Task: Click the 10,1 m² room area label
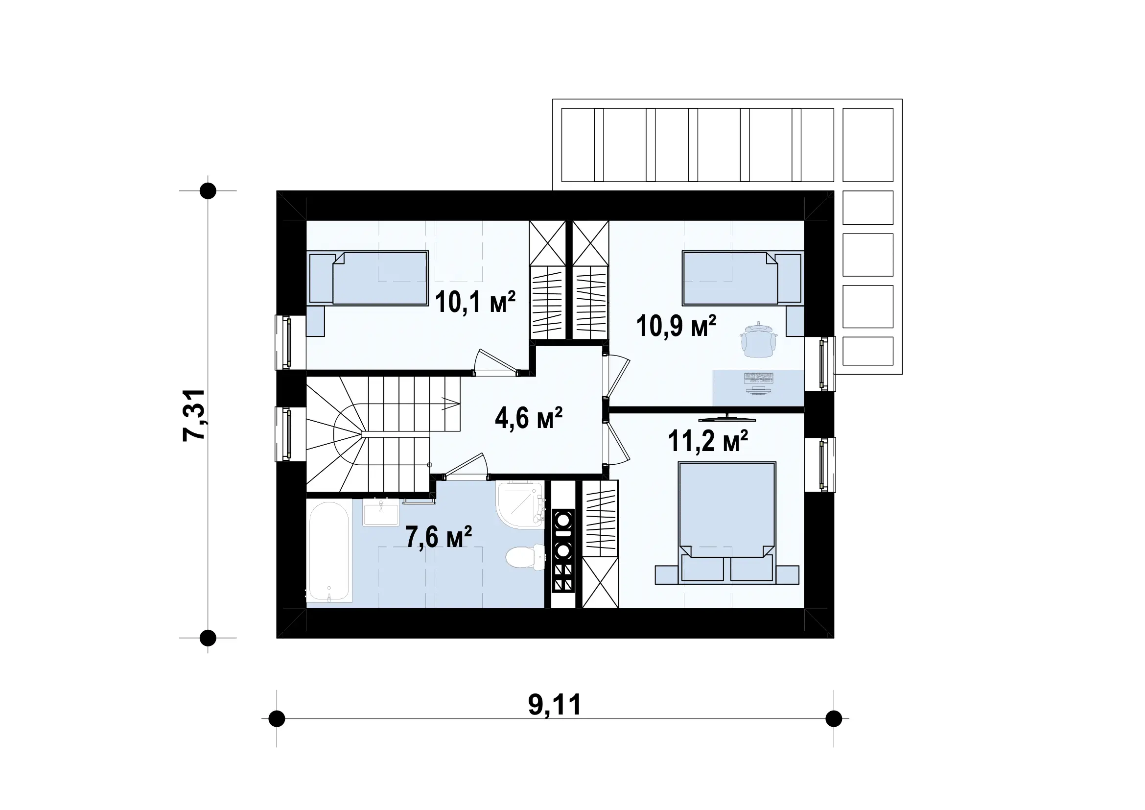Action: pos(475,302)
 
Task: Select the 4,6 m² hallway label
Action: pos(529,418)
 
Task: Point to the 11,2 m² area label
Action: pos(708,441)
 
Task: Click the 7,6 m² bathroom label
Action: pos(438,537)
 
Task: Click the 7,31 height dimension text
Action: pos(194,415)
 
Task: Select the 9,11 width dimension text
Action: pos(555,704)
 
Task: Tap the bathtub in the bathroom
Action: pos(328,550)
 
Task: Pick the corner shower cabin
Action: pos(520,504)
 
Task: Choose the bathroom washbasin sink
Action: pos(381,512)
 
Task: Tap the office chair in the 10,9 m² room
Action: pos(758,340)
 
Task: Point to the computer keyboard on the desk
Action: pos(758,378)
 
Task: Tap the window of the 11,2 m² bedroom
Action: pos(827,464)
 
